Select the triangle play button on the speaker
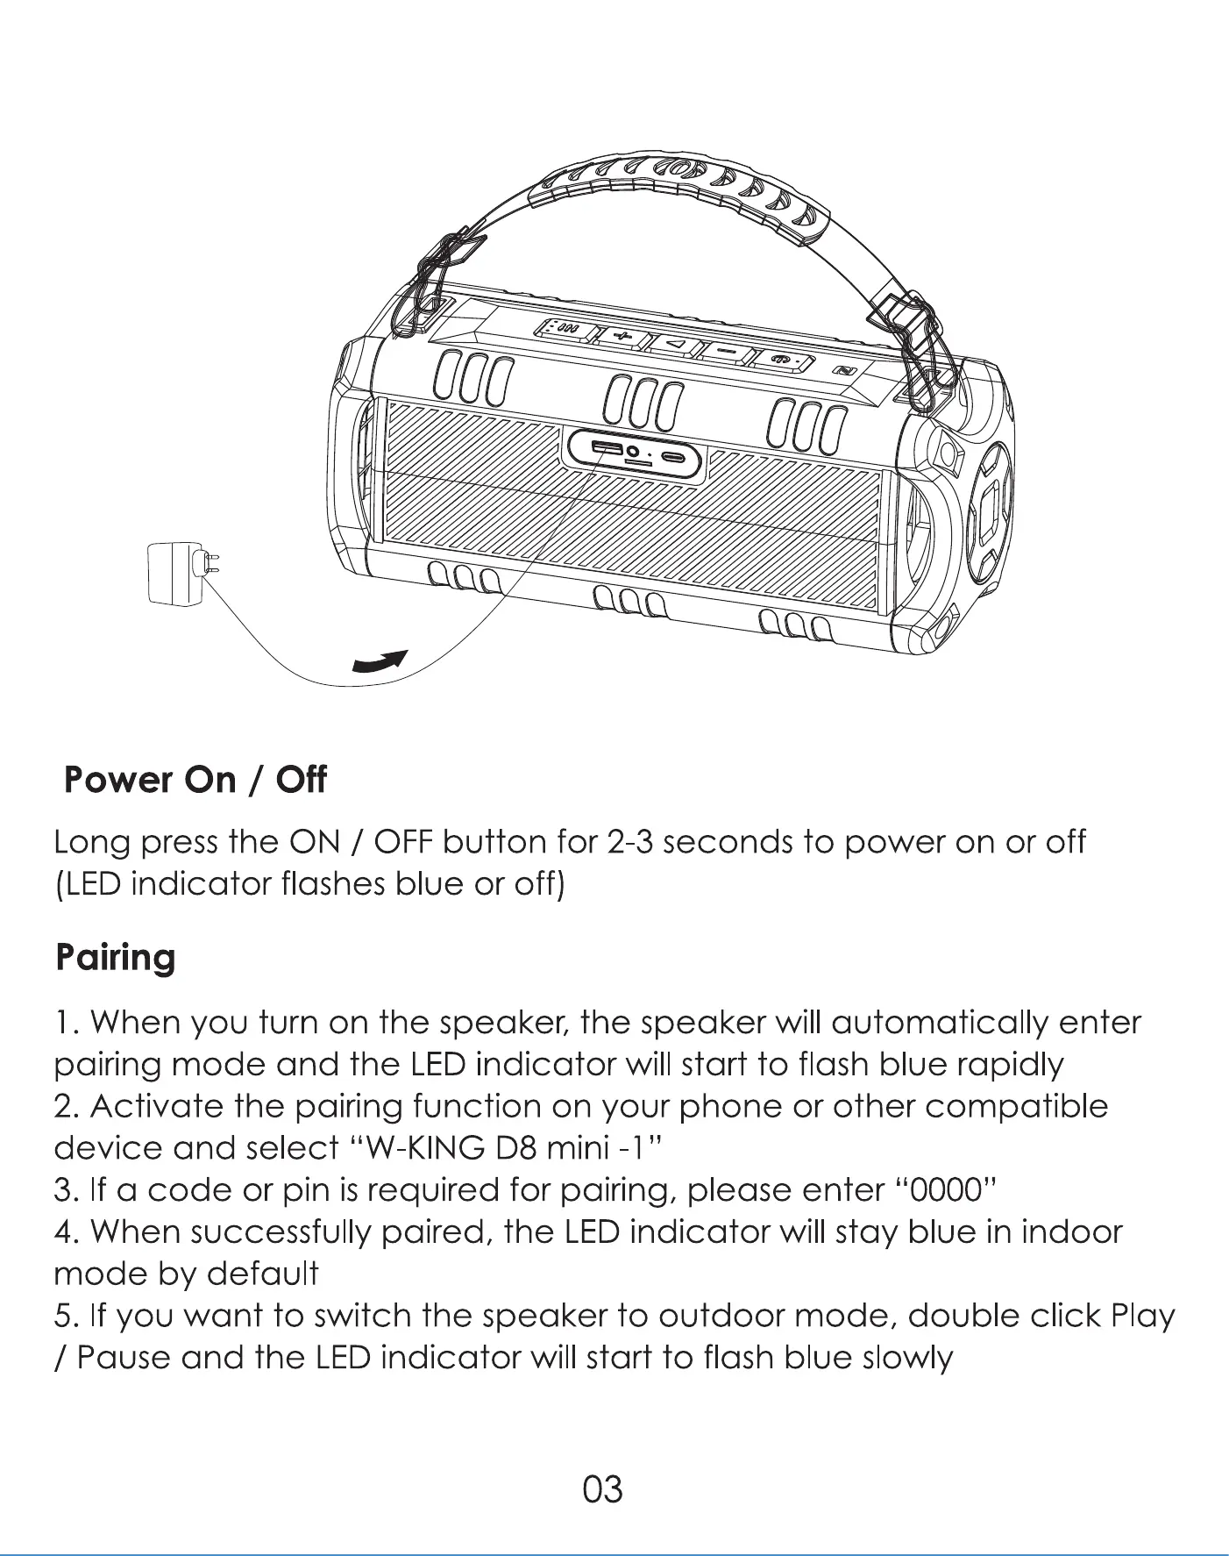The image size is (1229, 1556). pyautogui.click(x=676, y=344)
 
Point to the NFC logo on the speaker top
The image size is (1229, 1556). pyautogui.click(x=844, y=371)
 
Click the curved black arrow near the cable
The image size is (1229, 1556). pyautogui.click(x=380, y=662)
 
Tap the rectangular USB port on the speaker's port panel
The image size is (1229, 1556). pyautogui.click(x=606, y=449)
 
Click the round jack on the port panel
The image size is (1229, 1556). pyautogui.click(x=633, y=452)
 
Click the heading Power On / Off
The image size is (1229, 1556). pyautogui.click(x=195, y=779)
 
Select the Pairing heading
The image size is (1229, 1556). pyautogui.click(x=115, y=957)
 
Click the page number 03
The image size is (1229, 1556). pyautogui.click(x=602, y=1489)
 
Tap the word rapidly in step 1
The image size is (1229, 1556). pyautogui.click(x=1009, y=1065)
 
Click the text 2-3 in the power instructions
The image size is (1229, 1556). pyautogui.click(x=629, y=842)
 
